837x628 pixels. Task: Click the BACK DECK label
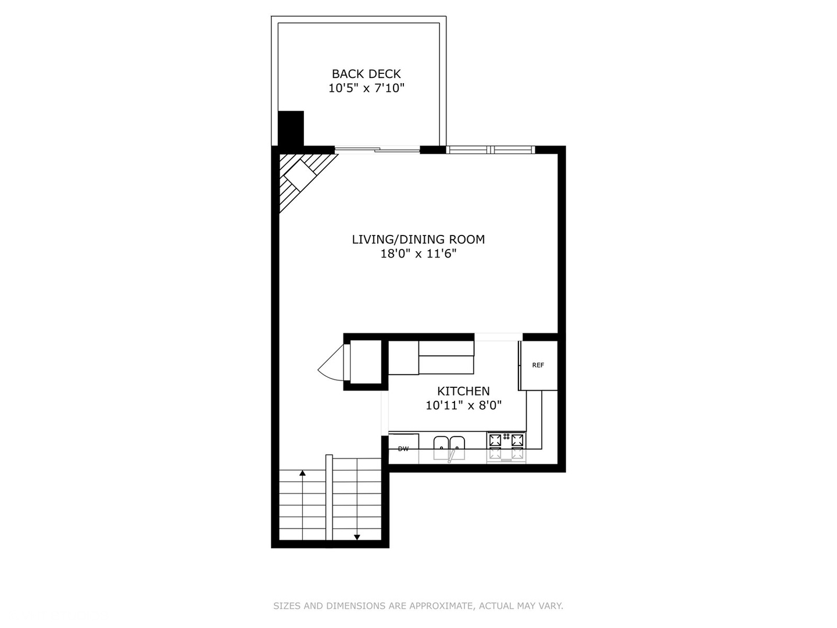click(x=366, y=74)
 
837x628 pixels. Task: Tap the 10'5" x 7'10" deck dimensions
click(x=366, y=88)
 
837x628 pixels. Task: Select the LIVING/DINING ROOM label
click(x=418, y=239)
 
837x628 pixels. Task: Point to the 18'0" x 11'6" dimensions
click(x=418, y=254)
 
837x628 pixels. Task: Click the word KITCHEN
click(x=463, y=391)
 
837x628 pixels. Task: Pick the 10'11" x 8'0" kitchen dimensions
click(x=463, y=406)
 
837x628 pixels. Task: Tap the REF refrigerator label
click(x=538, y=365)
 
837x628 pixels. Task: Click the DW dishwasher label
click(x=403, y=449)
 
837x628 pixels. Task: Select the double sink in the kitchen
click(x=449, y=447)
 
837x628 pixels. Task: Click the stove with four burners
click(x=506, y=447)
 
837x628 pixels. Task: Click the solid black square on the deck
click(x=291, y=128)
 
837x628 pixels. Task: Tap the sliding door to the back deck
click(x=377, y=150)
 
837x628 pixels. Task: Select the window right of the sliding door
click(x=491, y=150)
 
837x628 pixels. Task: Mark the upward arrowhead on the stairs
click(x=302, y=473)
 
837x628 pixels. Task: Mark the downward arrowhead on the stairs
click(x=357, y=537)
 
